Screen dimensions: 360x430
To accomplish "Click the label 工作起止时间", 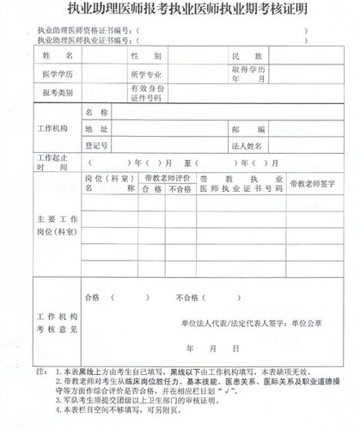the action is click(52, 164).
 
